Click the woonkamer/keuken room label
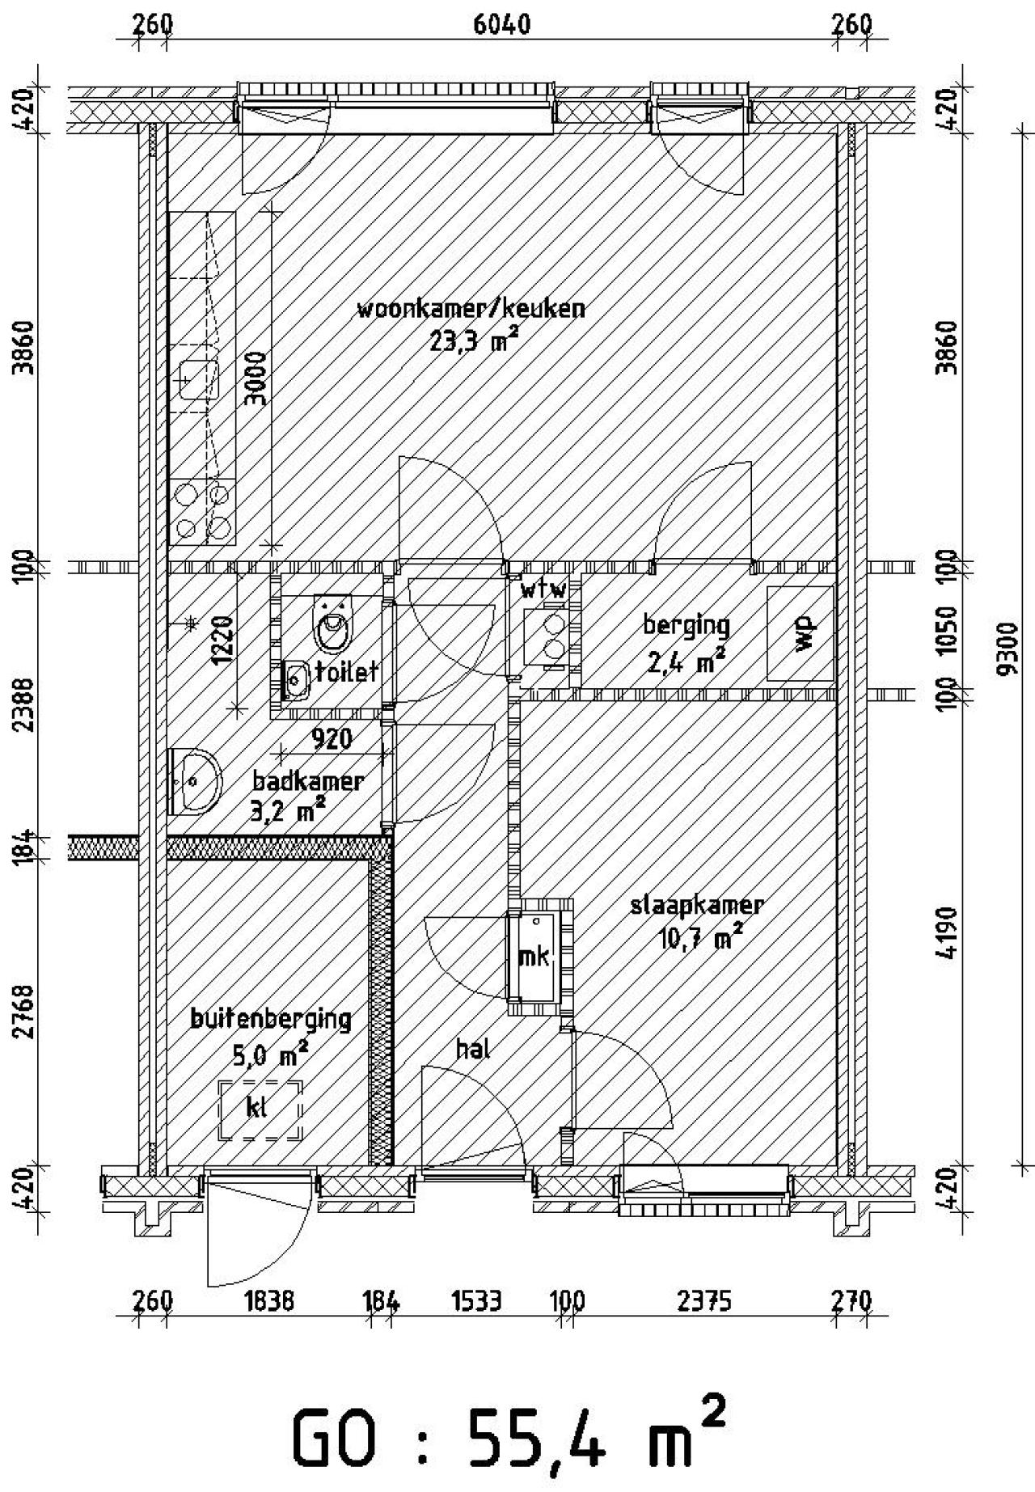point(471,310)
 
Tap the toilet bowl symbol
point(333,625)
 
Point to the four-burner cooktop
point(203,511)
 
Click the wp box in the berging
point(801,632)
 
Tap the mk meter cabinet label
point(533,957)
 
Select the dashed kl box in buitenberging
point(260,1109)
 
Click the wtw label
point(543,590)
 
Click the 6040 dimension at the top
point(501,25)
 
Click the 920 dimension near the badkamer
point(332,738)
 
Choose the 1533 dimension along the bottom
point(477,1301)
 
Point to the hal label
point(474,1049)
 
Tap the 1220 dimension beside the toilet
point(222,640)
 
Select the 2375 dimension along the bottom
point(704,1301)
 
